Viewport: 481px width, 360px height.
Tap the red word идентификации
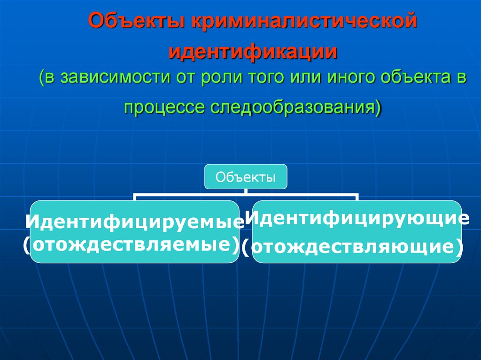pos(254,52)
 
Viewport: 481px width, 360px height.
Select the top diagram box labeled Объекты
pos(246,177)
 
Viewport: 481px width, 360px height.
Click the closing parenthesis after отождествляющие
pos(457,247)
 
